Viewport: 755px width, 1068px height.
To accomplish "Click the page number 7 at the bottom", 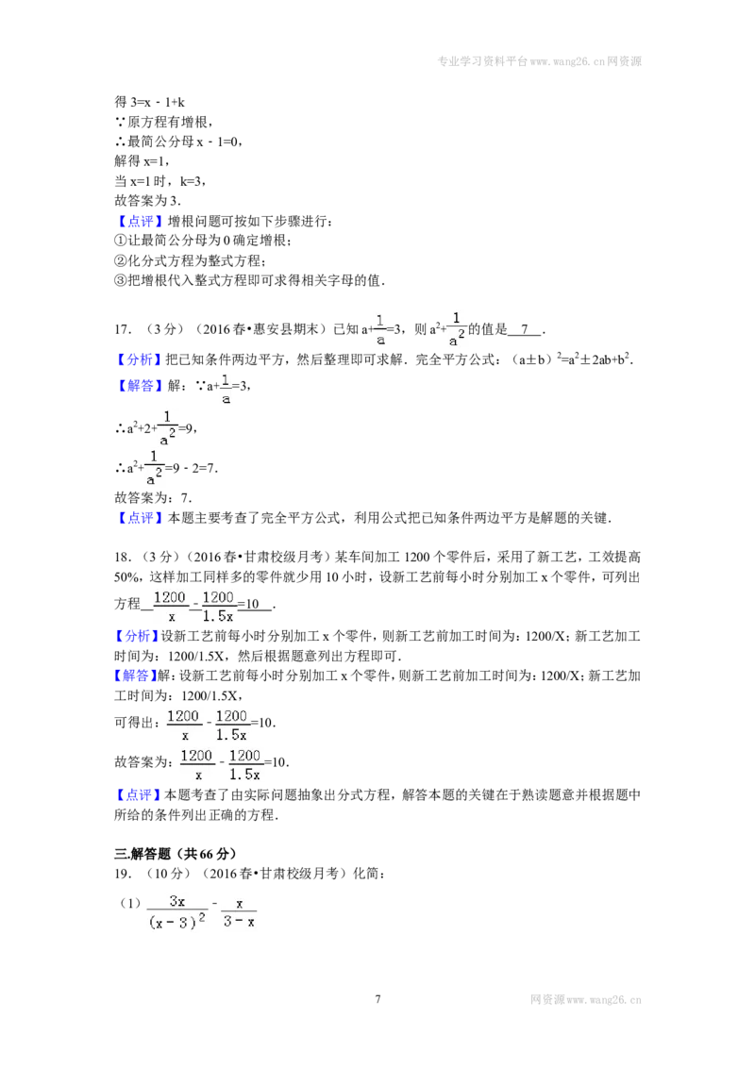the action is [377, 999].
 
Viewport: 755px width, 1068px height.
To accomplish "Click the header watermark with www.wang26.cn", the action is [539, 61].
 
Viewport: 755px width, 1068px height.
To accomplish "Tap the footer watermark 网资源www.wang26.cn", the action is [585, 1000].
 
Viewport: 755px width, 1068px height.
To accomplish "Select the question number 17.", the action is [124, 329].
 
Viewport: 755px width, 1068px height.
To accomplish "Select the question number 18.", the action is [124, 558].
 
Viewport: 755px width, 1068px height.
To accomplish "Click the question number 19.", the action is [124, 874].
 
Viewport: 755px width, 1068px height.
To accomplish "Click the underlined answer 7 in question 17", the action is [524, 329].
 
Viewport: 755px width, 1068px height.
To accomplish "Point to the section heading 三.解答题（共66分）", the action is [176, 854].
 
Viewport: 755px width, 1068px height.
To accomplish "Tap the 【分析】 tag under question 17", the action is [139, 359].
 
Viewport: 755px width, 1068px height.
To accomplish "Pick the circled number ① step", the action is [121, 241].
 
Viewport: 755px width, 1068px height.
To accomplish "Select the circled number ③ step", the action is [121, 280].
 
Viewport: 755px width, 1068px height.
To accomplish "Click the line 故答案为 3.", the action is [147, 201].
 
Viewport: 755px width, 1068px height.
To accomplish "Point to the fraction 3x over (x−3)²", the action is [177, 911].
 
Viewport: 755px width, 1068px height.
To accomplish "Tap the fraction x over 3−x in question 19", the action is [239, 912].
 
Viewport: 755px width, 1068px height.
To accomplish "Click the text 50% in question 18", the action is [126, 576].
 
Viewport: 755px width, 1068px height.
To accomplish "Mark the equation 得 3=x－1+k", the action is [149, 102].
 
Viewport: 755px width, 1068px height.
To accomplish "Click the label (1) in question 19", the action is [130, 903].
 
